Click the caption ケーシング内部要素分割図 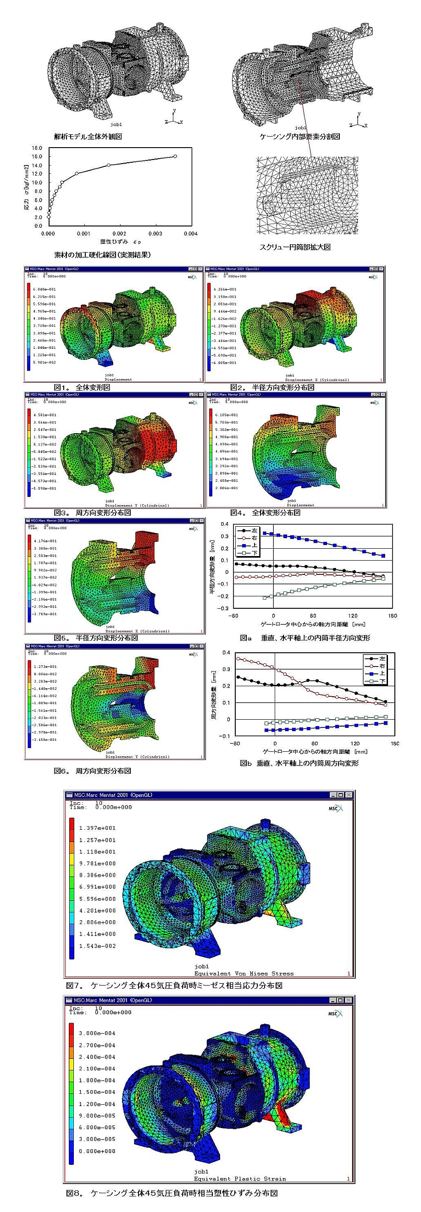click(299, 137)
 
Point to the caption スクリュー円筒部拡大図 click(295, 247)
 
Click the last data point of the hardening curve click(175, 156)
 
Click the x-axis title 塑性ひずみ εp click(121, 242)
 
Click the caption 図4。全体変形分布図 click(265, 512)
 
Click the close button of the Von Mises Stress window click(349, 795)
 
